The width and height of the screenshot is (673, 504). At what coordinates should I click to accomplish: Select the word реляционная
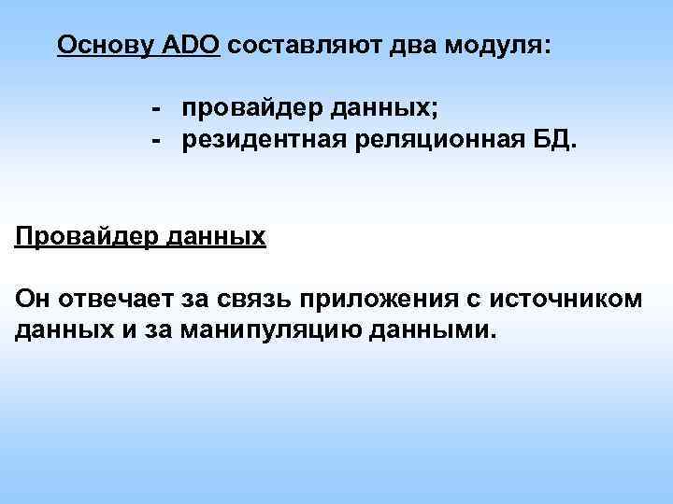pyautogui.click(x=412, y=141)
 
